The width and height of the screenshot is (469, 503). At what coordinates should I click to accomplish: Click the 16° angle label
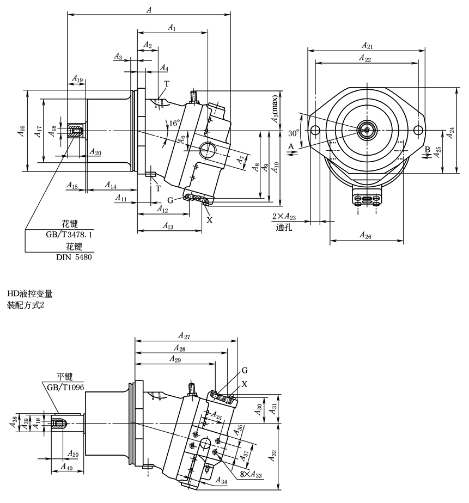pos(174,124)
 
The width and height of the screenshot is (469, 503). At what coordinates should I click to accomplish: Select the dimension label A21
pos(366,45)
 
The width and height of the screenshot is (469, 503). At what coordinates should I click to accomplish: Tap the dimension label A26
pos(366,235)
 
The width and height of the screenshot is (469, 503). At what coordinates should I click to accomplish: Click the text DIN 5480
pos(74,257)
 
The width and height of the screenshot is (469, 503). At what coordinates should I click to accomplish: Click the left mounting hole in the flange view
pos(315,131)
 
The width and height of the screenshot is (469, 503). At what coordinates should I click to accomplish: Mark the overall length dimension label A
pos(149,9)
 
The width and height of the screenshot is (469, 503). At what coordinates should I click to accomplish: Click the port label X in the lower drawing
pos(244,383)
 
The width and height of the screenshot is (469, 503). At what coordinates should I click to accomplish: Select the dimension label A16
pos(20,131)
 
